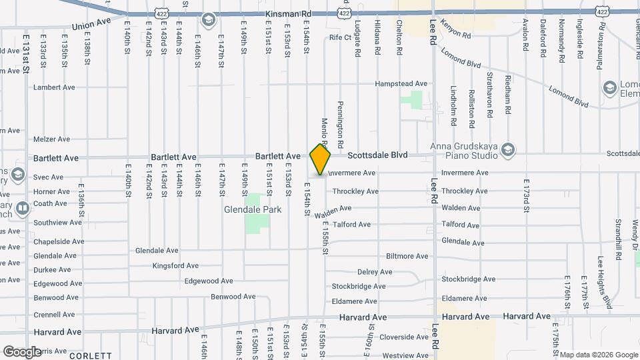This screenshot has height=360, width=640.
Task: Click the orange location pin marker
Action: point(321,159)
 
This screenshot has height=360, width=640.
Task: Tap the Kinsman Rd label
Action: point(288,13)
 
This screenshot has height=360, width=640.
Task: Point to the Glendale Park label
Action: point(252,209)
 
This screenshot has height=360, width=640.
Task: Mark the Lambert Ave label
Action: point(54,87)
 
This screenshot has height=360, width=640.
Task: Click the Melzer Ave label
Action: point(51,139)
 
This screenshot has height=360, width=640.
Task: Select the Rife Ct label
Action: point(340,38)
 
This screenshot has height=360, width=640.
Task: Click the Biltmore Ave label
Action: point(407,256)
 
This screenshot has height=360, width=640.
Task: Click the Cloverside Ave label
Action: point(403,337)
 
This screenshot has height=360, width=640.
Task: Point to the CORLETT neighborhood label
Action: point(89,356)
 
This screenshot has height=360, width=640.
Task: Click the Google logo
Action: point(22,351)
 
